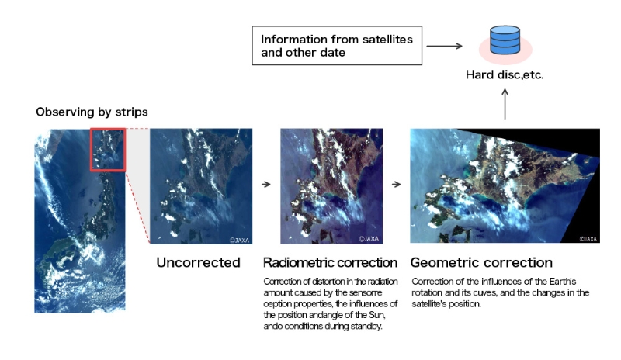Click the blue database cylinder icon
505,40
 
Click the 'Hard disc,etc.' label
505,74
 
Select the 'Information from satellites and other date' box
337,46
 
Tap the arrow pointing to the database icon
444,46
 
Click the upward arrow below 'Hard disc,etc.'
505,104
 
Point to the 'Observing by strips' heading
92,112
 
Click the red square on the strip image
108,150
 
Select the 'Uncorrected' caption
198,262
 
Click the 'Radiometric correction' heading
331,262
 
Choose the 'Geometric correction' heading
481,262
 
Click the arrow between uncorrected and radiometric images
266,184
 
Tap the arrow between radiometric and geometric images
397,184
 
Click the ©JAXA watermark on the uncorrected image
240,240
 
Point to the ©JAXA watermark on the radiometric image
369,239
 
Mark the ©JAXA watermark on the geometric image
588,239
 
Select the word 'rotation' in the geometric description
428,292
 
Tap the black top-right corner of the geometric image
599,129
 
